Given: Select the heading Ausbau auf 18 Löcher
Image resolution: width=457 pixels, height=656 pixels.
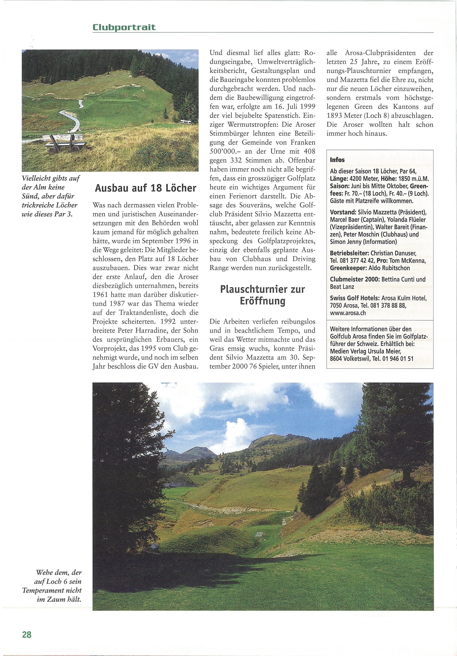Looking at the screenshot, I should [x=146, y=188].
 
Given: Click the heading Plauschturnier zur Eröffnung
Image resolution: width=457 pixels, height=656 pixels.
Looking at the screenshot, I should [x=262, y=295].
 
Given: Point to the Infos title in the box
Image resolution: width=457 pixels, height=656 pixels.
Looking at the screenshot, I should [x=337, y=160].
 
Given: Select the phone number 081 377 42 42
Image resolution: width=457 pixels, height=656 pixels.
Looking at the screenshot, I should [x=356, y=261].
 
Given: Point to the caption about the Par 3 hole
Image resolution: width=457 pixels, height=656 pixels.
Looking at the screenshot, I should [x=50, y=196].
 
